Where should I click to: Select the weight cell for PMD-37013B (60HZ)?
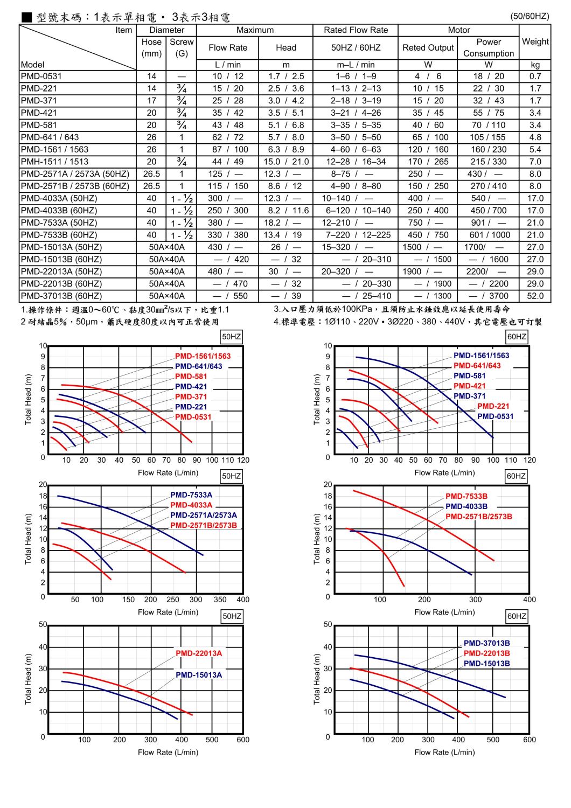535,296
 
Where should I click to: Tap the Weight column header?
535,41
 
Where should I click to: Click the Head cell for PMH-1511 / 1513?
286,162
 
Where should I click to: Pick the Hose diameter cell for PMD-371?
151,101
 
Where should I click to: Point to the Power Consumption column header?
488,47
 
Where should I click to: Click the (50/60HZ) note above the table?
529,16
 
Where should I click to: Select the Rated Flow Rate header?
356,30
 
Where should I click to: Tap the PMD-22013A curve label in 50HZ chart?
199,653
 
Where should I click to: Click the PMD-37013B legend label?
486,643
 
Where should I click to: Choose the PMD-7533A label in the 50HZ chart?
191,495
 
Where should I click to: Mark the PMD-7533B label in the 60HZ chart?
466,496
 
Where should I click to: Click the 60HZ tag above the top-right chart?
517,337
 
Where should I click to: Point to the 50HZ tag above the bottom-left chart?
232,616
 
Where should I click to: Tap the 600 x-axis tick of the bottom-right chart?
530,740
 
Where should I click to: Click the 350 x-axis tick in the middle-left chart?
220,600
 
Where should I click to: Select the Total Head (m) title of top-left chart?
28,399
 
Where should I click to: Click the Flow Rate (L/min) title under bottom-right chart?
444,752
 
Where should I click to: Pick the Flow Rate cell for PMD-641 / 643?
228,137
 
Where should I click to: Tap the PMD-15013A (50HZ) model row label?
61,247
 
